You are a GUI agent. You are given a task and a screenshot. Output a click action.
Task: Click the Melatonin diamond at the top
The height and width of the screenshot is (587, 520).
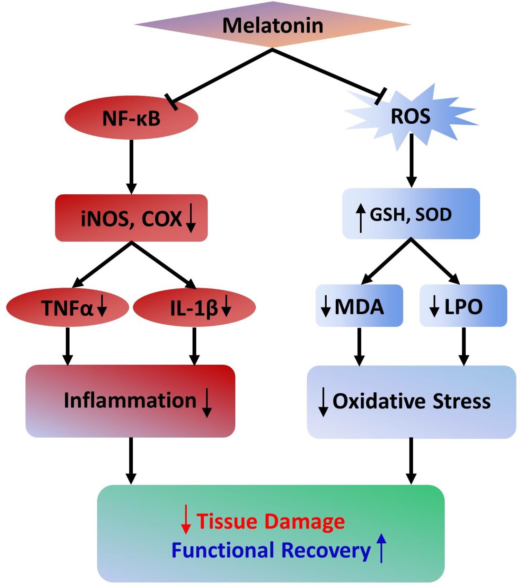272,25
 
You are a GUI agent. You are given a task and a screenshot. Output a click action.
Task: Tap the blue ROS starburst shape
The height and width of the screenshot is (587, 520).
411,116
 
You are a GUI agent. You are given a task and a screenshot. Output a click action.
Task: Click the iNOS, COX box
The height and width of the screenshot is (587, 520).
131,218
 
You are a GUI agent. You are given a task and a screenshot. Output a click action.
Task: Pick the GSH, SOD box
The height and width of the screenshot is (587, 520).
411,214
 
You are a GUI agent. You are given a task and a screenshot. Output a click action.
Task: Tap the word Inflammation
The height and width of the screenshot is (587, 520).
130,401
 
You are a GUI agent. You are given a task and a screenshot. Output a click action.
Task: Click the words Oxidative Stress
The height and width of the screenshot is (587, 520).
412,401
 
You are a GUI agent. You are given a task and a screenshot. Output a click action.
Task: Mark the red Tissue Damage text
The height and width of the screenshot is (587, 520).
271,521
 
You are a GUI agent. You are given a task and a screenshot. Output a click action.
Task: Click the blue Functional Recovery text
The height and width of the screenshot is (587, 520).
271,550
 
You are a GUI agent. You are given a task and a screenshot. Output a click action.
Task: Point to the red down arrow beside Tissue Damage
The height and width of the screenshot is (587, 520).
186,519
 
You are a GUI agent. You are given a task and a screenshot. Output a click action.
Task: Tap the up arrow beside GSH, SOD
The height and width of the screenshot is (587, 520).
361,218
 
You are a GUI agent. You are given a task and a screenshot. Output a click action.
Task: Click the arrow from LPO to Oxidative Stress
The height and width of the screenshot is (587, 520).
464,347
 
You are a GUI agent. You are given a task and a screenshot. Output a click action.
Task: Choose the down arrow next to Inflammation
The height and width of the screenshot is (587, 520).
207,403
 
